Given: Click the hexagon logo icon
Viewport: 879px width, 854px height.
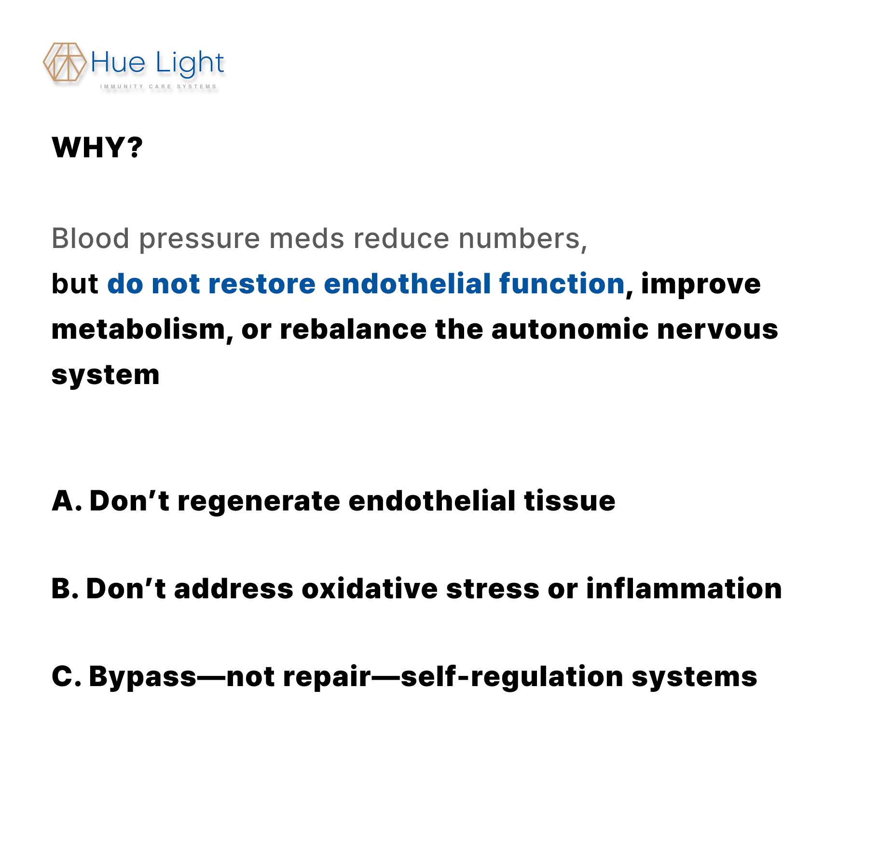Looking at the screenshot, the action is (x=65, y=62).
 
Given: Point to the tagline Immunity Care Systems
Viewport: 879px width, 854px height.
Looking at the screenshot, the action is (x=158, y=87).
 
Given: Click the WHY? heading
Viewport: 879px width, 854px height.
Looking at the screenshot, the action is (x=97, y=148).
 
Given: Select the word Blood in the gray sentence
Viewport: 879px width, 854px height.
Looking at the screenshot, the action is (x=91, y=238).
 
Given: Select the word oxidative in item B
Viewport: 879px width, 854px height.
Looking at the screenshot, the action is (x=370, y=589).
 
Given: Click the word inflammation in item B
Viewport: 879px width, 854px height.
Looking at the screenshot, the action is (x=684, y=588).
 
